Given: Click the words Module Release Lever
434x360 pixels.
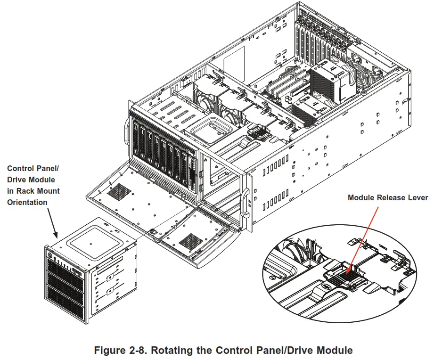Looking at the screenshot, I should [388, 197].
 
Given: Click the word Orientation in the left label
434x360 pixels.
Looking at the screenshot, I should [27, 202].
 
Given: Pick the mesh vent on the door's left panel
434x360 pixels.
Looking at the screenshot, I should [117, 190].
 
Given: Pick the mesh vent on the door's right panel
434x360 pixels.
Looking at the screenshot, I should [191, 241].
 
